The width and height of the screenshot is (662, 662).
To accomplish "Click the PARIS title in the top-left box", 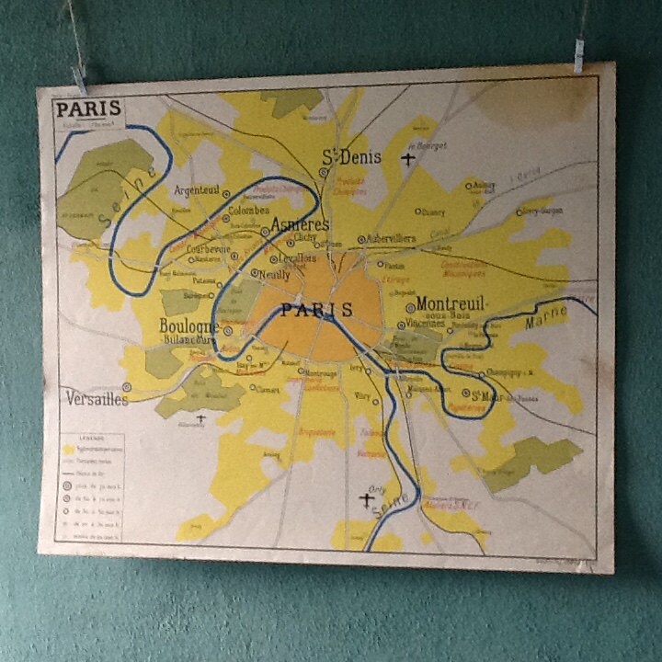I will [87, 109].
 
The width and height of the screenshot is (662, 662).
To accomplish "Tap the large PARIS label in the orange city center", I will [316, 310].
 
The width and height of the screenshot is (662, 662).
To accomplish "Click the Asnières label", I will [300, 223].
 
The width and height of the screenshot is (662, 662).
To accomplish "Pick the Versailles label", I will [97, 398].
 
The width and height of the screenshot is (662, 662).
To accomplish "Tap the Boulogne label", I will [189, 325].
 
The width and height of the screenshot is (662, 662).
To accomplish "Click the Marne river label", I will [545, 319].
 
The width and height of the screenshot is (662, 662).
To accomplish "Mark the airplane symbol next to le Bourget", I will [408, 159].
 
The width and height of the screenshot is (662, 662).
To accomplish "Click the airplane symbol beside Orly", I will [367, 499].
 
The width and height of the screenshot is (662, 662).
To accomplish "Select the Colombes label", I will [248, 211].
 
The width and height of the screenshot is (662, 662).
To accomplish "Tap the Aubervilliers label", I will [392, 238].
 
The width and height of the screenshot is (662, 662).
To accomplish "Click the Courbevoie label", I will [207, 248].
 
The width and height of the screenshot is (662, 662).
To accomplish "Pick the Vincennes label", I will [426, 324].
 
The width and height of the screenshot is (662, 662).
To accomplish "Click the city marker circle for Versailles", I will [126, 387].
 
